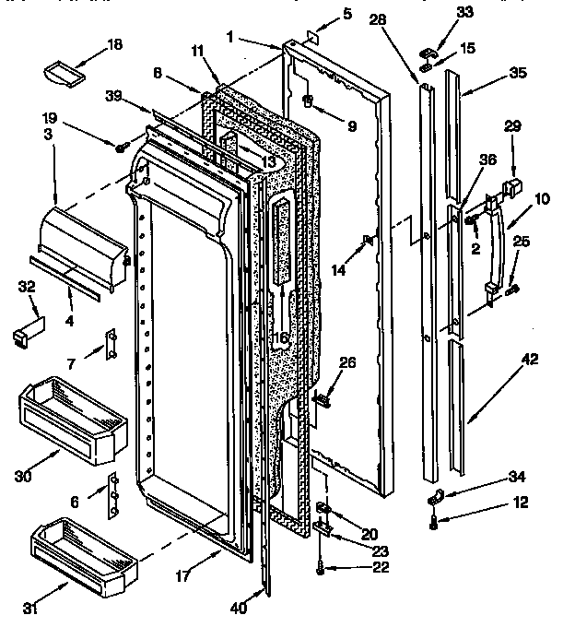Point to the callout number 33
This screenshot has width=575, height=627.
(x=464, y=12)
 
